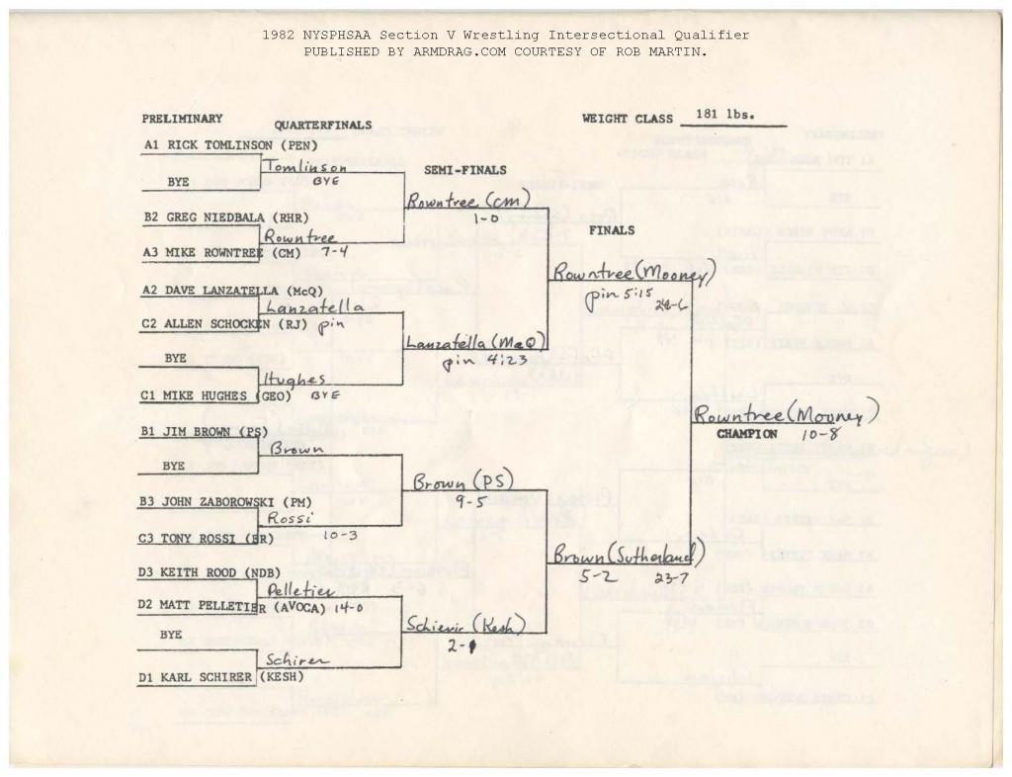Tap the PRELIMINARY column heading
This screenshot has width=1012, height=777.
182,119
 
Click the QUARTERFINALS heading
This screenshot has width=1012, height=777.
322,126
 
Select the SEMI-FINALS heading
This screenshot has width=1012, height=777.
464,170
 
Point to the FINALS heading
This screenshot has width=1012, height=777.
612,229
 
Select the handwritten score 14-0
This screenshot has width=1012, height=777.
343,608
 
